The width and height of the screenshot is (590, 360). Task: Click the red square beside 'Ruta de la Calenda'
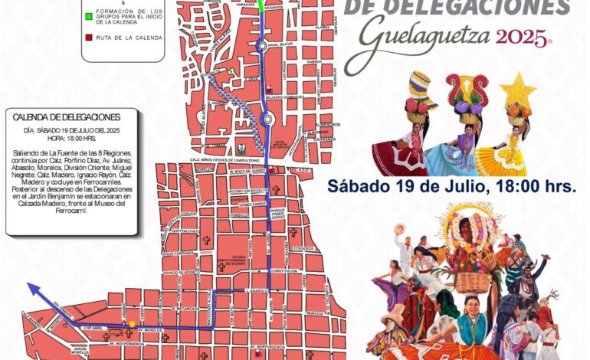point(89,36)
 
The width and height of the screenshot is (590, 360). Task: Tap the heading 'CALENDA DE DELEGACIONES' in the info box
point(67,117)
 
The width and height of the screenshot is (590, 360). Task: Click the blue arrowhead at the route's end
point(31,286)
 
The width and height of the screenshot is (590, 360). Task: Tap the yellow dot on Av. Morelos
point(133,324)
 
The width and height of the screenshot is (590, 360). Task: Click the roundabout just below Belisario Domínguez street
point(267,119)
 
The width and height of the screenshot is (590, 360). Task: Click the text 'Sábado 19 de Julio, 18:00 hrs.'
point(452,186)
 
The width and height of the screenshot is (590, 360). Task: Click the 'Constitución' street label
point(284,271)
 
